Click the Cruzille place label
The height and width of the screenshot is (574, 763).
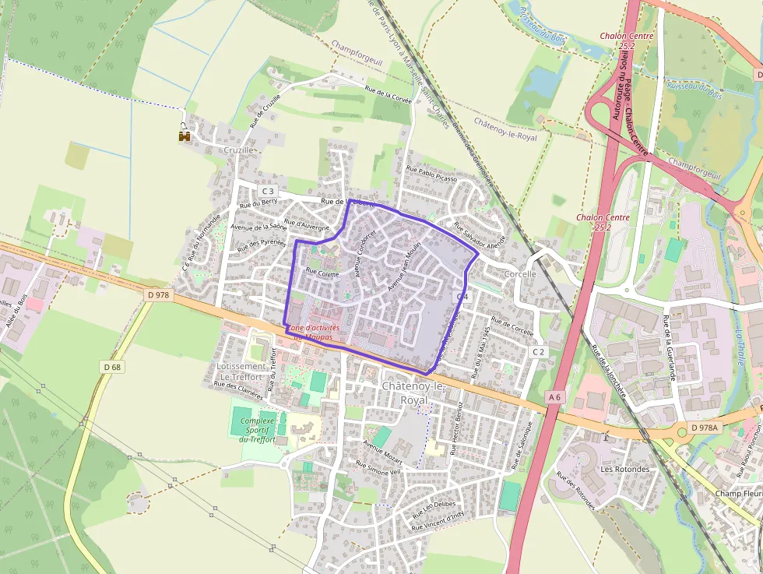pyautogui.click(x=238, y=150)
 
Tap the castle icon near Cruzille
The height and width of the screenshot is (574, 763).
pyautogui.click(x=185, y=136)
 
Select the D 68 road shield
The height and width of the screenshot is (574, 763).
pyautogui.click(x=111, y=366)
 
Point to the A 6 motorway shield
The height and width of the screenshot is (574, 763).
pyautogui.click(x=554, y=397)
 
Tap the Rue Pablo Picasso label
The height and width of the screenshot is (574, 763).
pyautogui.click(x=431, y=173)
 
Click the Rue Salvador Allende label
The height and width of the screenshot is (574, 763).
pyautogui.click(x=480, y=234)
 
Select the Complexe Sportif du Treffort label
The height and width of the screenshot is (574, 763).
pyautogui.click(x=258, y=430)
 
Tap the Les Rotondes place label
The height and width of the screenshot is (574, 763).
pyautogui.click(x=624, y=470)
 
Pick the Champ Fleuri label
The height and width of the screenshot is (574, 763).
pyautogui.click(x=737, y=494)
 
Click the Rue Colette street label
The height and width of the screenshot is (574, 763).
pyautogui.click(x=322, y=273)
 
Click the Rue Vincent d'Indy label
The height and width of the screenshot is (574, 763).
pyautogui.click(x=438, y=518)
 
